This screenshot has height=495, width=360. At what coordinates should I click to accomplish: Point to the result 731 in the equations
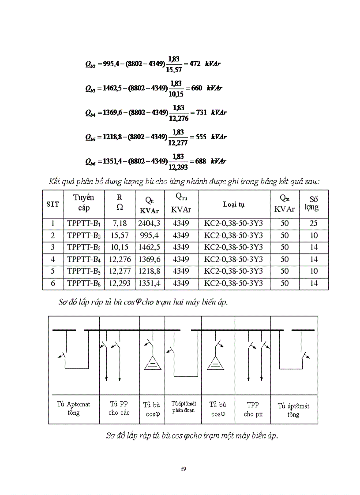(201, 112)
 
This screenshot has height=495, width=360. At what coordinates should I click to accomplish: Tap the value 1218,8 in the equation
(107, 137)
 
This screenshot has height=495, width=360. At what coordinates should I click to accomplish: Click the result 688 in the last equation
(200, 161)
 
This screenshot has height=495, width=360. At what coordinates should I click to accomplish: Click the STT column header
(52, 204)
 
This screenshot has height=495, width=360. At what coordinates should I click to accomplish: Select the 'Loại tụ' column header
(233, 204)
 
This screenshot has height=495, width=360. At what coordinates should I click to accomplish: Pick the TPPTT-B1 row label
(84, 223)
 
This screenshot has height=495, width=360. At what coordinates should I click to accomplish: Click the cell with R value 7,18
(120, 223)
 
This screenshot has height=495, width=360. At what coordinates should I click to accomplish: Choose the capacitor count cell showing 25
(314, 223)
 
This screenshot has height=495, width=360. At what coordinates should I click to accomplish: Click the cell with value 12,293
(120, 283)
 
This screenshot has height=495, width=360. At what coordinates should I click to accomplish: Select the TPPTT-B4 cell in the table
(84, 260)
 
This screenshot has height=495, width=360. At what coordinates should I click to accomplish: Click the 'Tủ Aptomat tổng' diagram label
(74, 408)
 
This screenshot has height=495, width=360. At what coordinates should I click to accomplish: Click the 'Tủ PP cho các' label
(119, 408)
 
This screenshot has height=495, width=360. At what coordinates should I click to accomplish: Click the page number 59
(183, 469)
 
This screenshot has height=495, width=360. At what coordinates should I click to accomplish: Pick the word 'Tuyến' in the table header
(84, 198)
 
